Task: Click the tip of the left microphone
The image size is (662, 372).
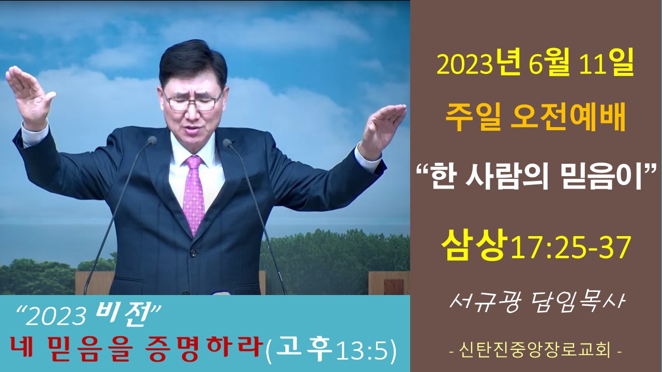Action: pos(152,140)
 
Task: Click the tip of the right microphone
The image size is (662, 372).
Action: pos(227,143)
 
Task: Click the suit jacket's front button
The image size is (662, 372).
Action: pos(193,253)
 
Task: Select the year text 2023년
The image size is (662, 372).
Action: pos(479,66)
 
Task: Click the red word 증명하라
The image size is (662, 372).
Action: pos(204,349)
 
